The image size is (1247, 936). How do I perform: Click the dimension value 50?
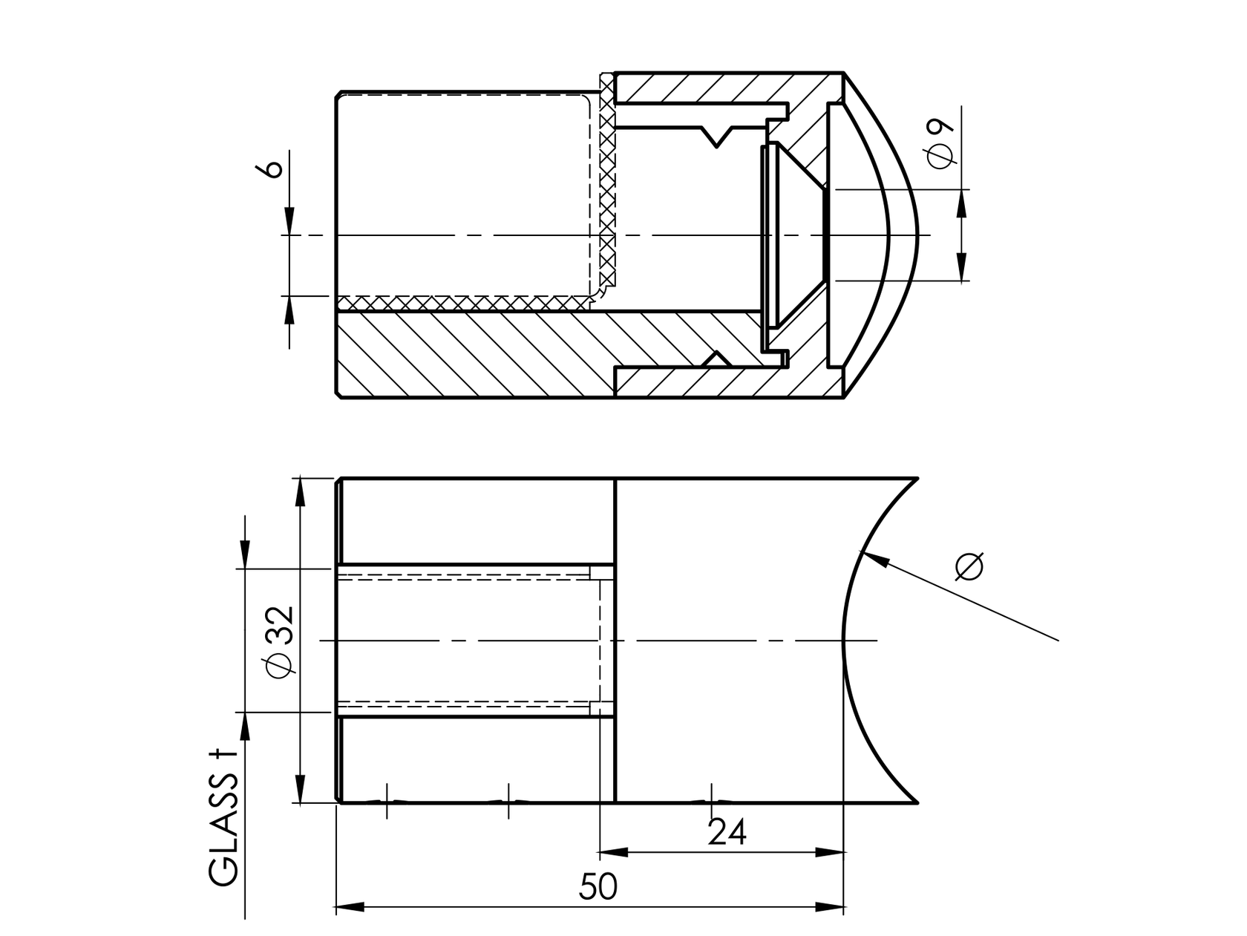(x=598, y=886)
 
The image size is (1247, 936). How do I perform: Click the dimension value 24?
(x=727, y=832)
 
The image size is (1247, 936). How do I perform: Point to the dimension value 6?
(x=272, y=168)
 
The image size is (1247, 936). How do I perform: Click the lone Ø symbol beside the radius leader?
(x=969, y=566)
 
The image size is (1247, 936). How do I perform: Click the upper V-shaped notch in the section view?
(x=717, y=137)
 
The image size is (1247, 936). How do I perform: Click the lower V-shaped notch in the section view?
(x=716, y=359)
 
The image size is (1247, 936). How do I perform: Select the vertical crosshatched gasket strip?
(x=608, y=186)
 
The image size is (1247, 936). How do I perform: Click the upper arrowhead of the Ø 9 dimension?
(x=962, y=202)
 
